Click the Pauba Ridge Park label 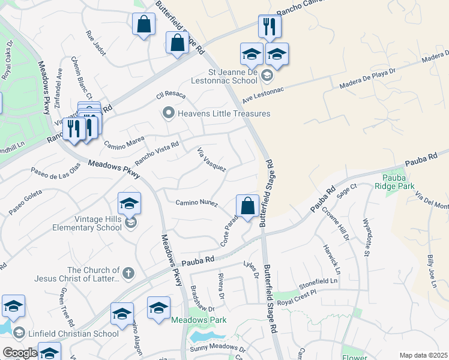pyautogui.click(x=400, y=182)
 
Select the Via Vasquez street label pyautogui.click(x=211, y=160)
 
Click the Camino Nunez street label pyautogui.click(x=196, y=203)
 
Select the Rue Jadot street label pyautogui.click(x=96, y=43)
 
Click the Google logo pyautogui.click(x=20, y=353)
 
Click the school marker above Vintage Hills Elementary pyautogui.click(x=129, y=203)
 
